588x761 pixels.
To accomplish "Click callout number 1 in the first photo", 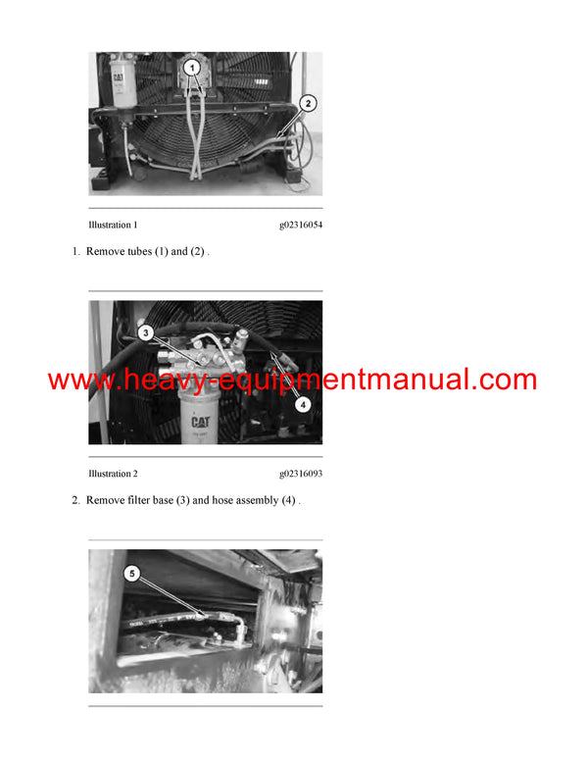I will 193,68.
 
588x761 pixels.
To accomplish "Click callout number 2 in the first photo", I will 307,103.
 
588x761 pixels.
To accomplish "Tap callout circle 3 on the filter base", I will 144,332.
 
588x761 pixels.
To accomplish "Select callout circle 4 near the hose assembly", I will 302,403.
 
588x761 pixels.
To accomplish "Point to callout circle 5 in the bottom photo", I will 133,573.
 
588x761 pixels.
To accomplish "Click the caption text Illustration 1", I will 113,225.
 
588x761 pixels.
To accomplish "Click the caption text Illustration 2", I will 113,474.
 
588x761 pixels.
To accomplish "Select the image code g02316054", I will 300,225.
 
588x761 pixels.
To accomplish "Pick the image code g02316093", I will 300,474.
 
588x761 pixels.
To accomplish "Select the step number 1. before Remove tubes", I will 75,251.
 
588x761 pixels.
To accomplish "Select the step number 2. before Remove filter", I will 75,500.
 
